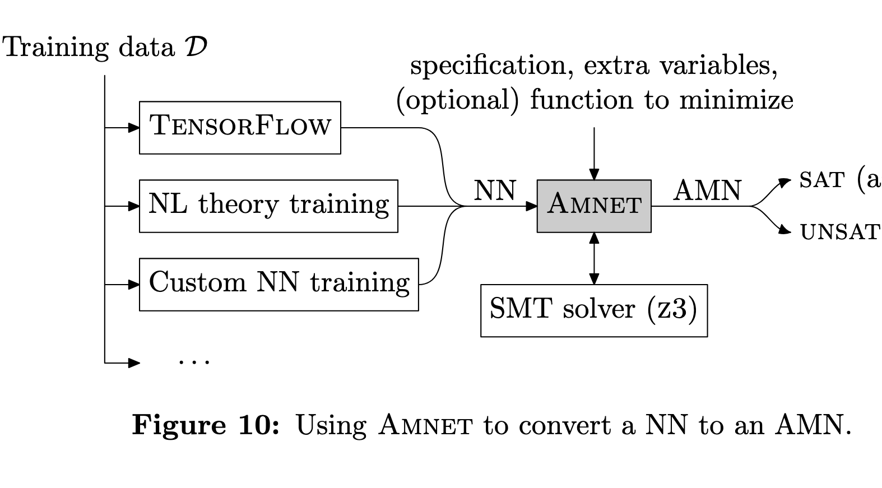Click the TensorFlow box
pos(240,127)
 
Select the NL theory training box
pos(268,206)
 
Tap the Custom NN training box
pos(278,284)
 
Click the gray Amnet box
pos(594,206)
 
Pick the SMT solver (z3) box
pos(594,310)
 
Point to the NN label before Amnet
pos(495,190)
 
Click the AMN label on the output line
pos(707,190)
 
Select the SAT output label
pos(821,180)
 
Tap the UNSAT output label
pos(840,232)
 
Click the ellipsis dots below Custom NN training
pos(194,362)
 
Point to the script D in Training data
pos(195,47)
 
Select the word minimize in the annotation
pos(736,100)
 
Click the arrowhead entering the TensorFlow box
pos(134,128)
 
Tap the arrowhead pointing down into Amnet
pos(594,174)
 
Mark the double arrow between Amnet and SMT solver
pos(594,258)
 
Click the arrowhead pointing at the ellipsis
pos(134,363)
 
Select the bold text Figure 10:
pos(205,425)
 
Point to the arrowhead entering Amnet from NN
pos(531,206)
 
